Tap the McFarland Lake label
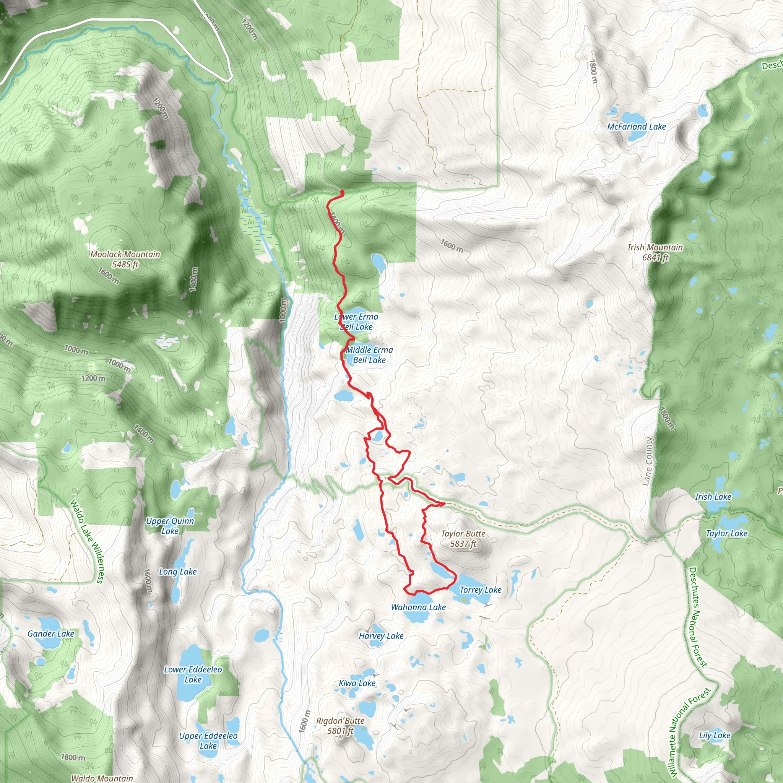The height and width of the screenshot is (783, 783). click(636, 127)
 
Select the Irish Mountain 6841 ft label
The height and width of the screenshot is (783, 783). click(655, 252)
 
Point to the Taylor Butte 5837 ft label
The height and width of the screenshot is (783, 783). click(463, 539)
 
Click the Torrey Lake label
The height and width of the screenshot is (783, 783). click(480, 590)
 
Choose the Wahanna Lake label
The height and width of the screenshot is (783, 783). click(418, 607)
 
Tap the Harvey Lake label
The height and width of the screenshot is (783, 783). click(381, 636)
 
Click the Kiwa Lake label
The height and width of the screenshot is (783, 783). click(357, 683)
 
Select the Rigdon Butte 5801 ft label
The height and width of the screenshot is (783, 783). click(340, 725)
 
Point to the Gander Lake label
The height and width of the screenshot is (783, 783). click(51, 634)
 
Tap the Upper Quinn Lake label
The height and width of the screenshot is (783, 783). click(170, 526)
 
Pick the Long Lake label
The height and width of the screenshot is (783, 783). click(177, 572)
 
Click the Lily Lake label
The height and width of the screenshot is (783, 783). click(715, 735)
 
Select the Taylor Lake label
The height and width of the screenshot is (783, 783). click(726, 533)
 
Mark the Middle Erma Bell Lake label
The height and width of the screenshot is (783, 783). click(369, 355)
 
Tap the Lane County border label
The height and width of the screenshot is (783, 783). click(648, 461)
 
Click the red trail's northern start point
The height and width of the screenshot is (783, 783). click(343, 192)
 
